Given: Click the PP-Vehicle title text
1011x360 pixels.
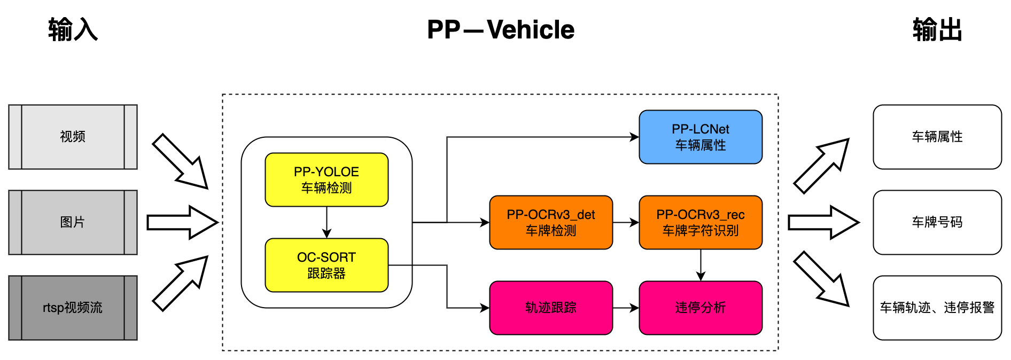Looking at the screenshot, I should point(501,30).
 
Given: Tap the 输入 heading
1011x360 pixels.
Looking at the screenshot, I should point(73,30).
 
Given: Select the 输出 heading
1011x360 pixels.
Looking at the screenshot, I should point(937,30).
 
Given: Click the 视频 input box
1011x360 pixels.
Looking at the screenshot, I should point(73,137).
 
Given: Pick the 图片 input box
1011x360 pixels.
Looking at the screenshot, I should point(73,222).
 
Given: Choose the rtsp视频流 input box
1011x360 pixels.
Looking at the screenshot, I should point(73,308).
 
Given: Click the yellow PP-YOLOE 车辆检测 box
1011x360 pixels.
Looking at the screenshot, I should point(326,179).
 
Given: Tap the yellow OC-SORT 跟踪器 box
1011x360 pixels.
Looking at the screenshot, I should point(326,265).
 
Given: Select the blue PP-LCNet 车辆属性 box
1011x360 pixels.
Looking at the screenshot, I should point(701,137).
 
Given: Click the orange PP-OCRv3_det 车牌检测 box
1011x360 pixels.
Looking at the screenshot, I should point(551,222).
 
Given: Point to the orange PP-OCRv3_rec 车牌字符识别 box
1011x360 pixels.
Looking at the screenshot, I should point(701,222).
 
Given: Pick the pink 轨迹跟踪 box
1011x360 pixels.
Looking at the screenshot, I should point(551,308).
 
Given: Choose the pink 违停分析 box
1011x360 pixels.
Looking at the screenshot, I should point(701,308).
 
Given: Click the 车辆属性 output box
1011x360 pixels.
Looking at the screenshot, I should point(937,137).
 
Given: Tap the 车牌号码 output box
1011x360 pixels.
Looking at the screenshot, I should point(937,222).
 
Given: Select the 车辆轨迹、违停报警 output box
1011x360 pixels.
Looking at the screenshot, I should point(937,308).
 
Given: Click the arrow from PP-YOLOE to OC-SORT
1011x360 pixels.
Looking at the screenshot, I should point(326,222).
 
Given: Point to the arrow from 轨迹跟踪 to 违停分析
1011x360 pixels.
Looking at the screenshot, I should point(626,308).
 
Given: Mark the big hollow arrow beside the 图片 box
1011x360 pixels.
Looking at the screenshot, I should point(182,222).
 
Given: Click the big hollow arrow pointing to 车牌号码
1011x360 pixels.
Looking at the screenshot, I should point(823,222).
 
